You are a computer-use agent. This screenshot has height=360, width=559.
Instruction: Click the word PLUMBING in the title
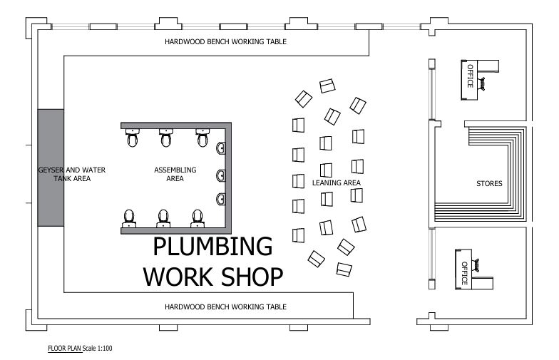212,246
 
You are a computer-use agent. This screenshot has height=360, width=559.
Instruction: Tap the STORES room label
489,184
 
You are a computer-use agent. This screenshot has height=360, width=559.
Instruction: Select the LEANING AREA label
337,182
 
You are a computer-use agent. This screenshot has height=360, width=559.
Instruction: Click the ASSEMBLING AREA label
175,174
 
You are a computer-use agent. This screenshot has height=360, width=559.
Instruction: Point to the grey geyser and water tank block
51,168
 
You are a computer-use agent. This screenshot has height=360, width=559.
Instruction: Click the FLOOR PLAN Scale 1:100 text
80,348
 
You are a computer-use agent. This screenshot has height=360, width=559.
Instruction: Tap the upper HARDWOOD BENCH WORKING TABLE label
225,41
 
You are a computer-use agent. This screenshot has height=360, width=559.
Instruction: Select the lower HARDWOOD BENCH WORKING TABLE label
225,307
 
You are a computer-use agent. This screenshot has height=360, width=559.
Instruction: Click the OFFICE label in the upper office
471,76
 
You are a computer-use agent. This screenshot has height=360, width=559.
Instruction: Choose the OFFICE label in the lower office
464,274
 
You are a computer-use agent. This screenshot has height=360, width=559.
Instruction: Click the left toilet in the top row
133,138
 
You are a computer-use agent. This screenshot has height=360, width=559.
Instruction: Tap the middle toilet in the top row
165,138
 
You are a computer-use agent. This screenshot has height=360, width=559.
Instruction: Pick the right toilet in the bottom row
198,218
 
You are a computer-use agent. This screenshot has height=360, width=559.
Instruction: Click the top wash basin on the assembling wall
221,148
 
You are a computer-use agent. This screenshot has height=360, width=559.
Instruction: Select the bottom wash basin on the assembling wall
221,200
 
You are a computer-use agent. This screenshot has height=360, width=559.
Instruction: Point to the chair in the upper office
482,84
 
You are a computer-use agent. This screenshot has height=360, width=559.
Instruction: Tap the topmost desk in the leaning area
327,86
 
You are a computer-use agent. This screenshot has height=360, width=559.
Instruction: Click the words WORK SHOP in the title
213,277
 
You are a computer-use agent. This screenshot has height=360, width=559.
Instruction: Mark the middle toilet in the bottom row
163,218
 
